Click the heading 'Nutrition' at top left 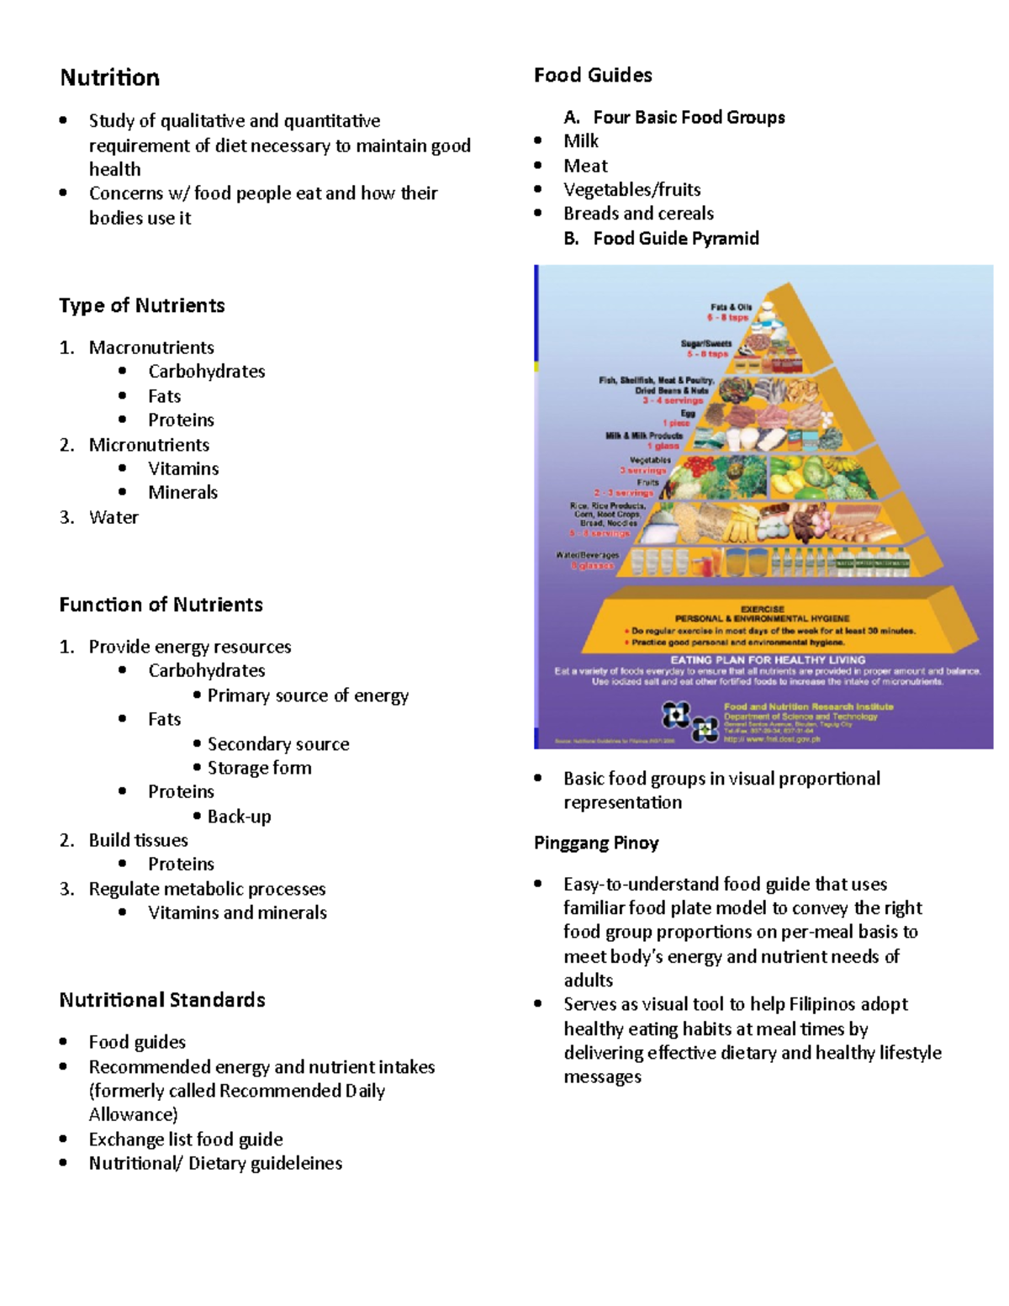(109, 78)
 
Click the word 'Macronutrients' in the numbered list (151, 347)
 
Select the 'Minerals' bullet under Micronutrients (182, 493)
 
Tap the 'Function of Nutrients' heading (161, 605)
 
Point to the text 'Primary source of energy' (308, 695)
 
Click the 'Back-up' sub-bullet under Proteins (239, 817)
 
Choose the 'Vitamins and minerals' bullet (237, 912)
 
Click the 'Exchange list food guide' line (186, 1139)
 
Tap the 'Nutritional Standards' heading (162, 1000)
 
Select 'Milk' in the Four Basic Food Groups (581, 141)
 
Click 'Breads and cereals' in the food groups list (638, 214)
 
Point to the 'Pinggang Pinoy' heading (596, 843)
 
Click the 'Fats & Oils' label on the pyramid (731, 308)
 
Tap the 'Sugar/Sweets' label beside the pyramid (706, 344)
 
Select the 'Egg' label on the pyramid (688, 414)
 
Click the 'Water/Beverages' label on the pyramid (587, 555)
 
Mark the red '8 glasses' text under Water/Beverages (594, 566)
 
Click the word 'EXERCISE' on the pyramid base (762, 609)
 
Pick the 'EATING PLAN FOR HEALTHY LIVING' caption (767, 660)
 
